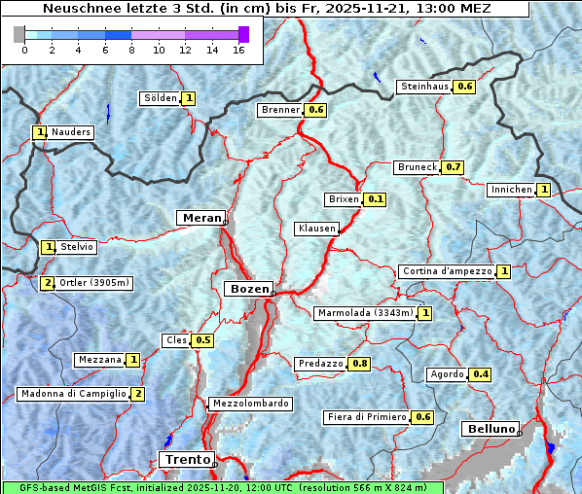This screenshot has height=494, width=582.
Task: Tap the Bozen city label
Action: pyautogui.click(x=248, y=289)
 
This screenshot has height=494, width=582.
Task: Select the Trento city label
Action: pyautogui.click(x=185, y=459)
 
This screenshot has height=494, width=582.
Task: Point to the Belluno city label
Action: pyautogui.click(x=490, y=429)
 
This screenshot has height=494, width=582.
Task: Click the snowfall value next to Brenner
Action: pyautogui.click(x=315, y=110)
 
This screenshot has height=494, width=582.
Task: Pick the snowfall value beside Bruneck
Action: pyautogui.click(x=453, y=167)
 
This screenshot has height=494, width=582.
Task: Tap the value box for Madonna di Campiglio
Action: pyautogui.click(x=138, y=394)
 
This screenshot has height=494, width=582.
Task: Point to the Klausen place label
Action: pyautogui.click(x=316, y=229)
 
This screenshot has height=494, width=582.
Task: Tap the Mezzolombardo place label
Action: pyautogui.click(x=249, y=404)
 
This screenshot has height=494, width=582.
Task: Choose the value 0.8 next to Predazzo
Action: pyautogui.click(x=360, y=364)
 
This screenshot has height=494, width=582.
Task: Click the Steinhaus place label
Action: pyautogui.click(x=424, y=87)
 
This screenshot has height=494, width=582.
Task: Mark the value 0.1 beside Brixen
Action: pyautogui.click(x=376, y=199)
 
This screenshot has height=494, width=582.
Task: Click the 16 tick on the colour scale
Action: pyautogui.click(x=238, y=50)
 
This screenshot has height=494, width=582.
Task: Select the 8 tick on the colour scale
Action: pyautogui.click(x=131, y=50)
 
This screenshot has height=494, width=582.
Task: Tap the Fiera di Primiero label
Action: pyautogui.click(x=366, y=417)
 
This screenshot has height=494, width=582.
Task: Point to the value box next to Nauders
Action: pyautogui.click(x=40, y=132)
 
